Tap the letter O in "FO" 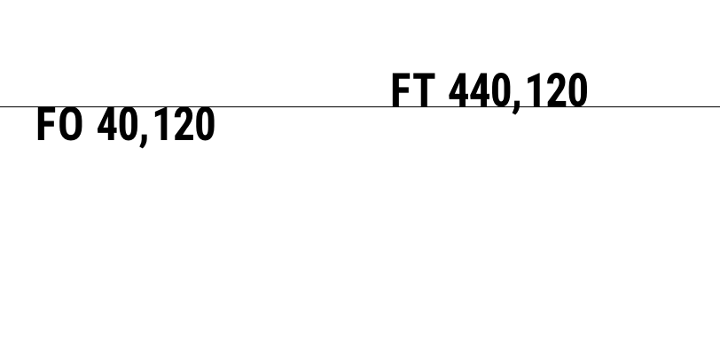(x=71, y=124)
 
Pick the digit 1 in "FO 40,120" (x=160, y=124)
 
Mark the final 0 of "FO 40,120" (x=204, y=124)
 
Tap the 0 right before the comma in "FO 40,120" (x=129, y=124)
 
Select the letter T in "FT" (x=424, y=90)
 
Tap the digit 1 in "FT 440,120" (x=533, y=90)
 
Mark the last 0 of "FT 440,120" (x=577, y=90)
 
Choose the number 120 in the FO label (x=184, y=124)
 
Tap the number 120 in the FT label (x=557, y=90)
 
